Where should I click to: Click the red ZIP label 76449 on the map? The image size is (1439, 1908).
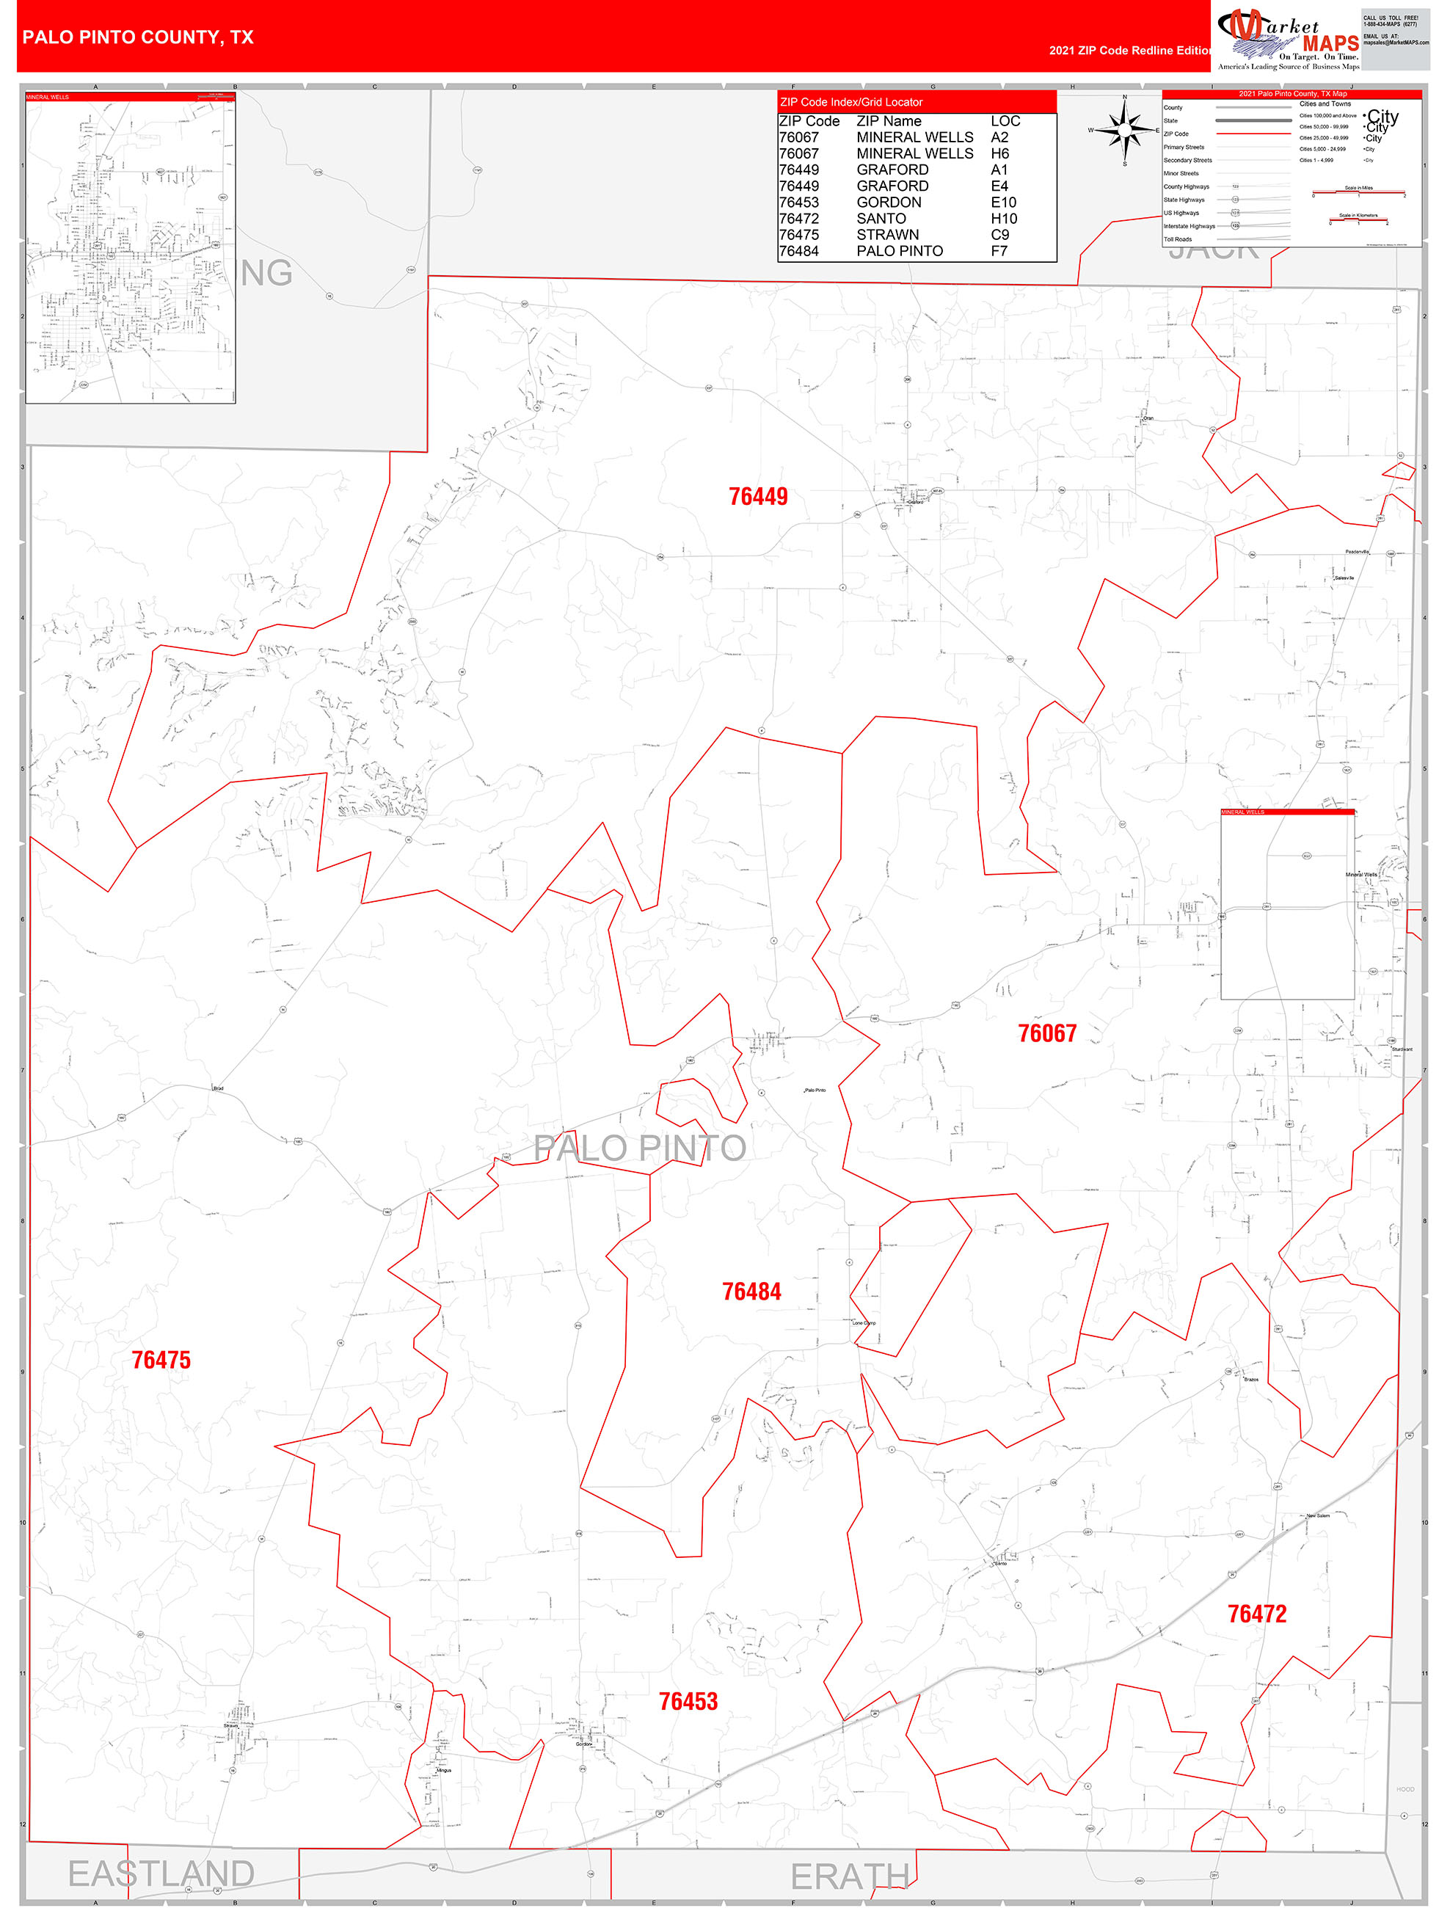757,497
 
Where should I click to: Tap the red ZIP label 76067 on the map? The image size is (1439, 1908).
1046,1033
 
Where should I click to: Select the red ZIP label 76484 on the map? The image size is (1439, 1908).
751,1292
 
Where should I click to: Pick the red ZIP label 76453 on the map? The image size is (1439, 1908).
688,1701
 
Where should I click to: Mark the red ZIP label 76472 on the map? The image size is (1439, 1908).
1256,1614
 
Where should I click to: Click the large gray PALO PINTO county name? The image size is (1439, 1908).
639,1148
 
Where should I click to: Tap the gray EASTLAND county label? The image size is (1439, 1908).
161,1873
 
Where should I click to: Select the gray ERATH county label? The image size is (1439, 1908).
849,1876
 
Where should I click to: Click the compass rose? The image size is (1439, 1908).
1124,130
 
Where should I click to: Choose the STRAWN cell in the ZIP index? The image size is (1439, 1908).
887,235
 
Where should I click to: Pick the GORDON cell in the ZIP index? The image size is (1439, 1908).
889,202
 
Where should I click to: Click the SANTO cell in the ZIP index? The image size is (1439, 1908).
881,218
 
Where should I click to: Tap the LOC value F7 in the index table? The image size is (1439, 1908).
998,251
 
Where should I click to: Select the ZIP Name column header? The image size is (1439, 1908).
889,122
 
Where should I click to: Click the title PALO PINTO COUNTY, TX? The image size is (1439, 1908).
138,37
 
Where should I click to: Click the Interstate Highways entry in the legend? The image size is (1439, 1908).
1189,226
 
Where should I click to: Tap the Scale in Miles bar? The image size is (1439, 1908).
1358,192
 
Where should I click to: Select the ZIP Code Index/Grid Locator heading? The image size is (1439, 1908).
850,102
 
